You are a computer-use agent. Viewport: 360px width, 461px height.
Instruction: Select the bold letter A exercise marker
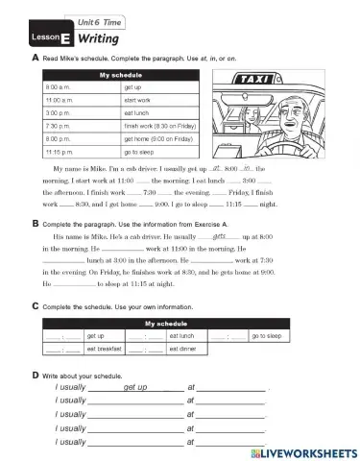point(36,60)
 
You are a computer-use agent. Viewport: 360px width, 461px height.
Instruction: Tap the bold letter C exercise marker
point(36,305)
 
